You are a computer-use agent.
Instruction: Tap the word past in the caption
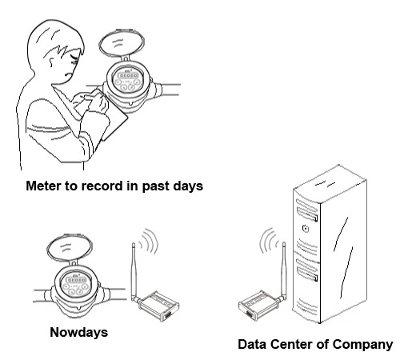(155, 186)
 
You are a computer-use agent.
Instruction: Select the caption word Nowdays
(79, 333)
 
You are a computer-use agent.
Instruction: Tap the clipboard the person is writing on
(106, 114)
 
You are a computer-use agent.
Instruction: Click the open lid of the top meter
(122, 43)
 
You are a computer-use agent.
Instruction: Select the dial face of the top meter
(127, 79)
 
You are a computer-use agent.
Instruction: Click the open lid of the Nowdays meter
(70, 249)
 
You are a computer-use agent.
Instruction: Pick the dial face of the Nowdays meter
(74, 283)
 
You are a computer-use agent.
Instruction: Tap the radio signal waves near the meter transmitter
(150, 241)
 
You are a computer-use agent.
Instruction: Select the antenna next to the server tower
(284, 270)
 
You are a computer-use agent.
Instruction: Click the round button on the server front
(306, 229)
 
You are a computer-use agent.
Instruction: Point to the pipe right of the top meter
(170, 90)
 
